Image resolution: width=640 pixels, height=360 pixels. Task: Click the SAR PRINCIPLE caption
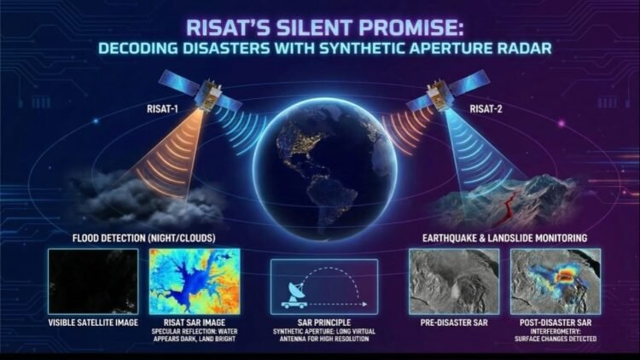pyautogui.click(x=323, y=324)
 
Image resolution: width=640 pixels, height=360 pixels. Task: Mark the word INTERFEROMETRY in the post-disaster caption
pyautogui.click(x=555, y=333)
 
